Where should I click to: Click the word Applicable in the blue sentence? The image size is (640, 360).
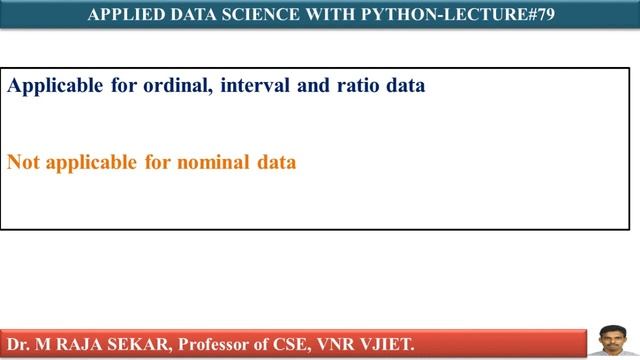tap(54, 86)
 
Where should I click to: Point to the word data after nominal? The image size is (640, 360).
tap(275, 162)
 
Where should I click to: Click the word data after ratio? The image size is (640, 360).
tap(406, 86)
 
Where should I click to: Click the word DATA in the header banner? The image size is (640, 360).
tap(189, 14)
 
